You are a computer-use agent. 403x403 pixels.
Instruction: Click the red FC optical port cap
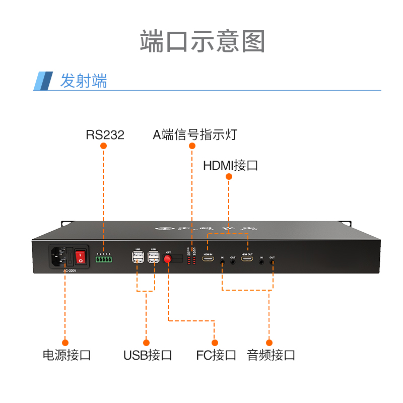(x=168, y=259)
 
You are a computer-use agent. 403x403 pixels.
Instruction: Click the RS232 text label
(x=105, y=135)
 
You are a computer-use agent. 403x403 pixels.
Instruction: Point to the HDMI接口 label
(x=230, y=165)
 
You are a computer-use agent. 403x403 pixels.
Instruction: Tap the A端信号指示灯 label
(x=194, y=135)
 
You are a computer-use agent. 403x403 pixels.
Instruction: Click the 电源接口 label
(x=66, y=355)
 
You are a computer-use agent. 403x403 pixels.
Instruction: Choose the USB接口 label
(x=148, y=355)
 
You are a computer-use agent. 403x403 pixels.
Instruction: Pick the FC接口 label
(x=216, y=355)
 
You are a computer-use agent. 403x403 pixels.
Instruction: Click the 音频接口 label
(x=271, y=355)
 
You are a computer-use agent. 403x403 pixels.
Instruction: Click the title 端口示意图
(x=202, y=41)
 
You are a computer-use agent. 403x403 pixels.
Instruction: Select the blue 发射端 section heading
(x=84, y=81)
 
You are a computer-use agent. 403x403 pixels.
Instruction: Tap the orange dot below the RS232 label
(x=104, y=146)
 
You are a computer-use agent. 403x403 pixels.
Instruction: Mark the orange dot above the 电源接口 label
(x=65, y=343)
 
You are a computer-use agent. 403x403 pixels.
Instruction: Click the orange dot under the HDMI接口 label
(x=229, y=177)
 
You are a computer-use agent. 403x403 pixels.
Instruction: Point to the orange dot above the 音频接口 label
(x=269, y=343)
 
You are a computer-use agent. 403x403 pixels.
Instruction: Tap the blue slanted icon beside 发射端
(x=43, y=81)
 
